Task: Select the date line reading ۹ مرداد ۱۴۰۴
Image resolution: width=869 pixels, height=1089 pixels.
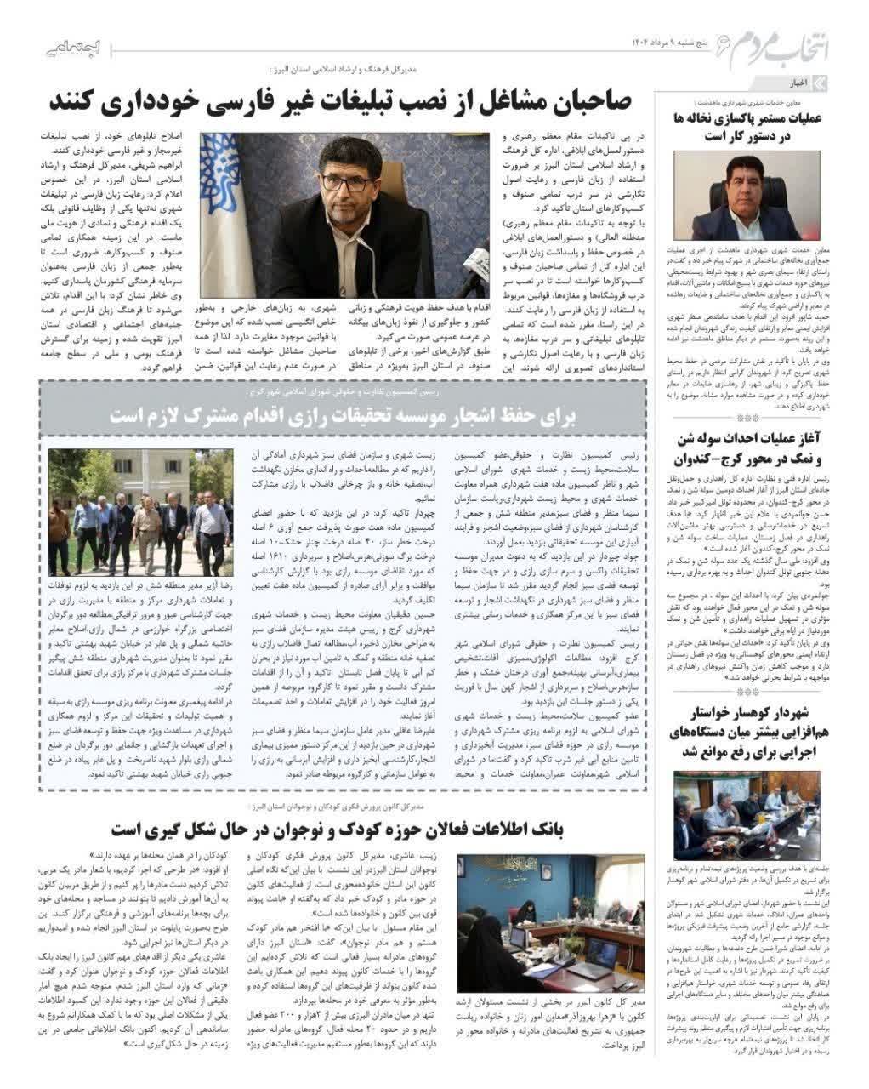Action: (x=672, y=43)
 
